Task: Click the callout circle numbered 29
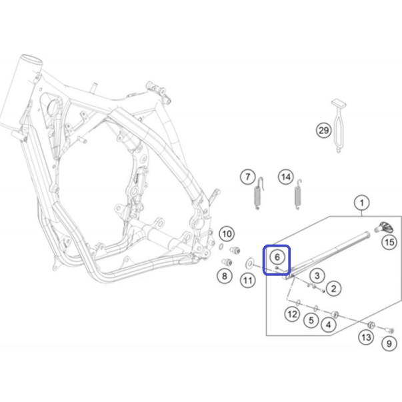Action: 323,130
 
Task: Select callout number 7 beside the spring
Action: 247,177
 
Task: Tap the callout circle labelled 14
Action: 286,177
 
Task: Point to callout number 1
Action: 362,203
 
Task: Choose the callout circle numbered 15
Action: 389,242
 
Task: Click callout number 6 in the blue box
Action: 277,257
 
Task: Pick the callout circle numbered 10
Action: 227,234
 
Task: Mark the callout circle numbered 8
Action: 225,276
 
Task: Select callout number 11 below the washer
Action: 247,281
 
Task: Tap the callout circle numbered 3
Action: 317,275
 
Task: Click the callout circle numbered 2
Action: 333,289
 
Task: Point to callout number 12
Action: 292,314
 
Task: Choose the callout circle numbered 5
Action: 311,320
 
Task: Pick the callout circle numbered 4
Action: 329,325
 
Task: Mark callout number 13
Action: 366,337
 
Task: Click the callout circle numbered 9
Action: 389,343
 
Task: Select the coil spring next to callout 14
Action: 298,195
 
